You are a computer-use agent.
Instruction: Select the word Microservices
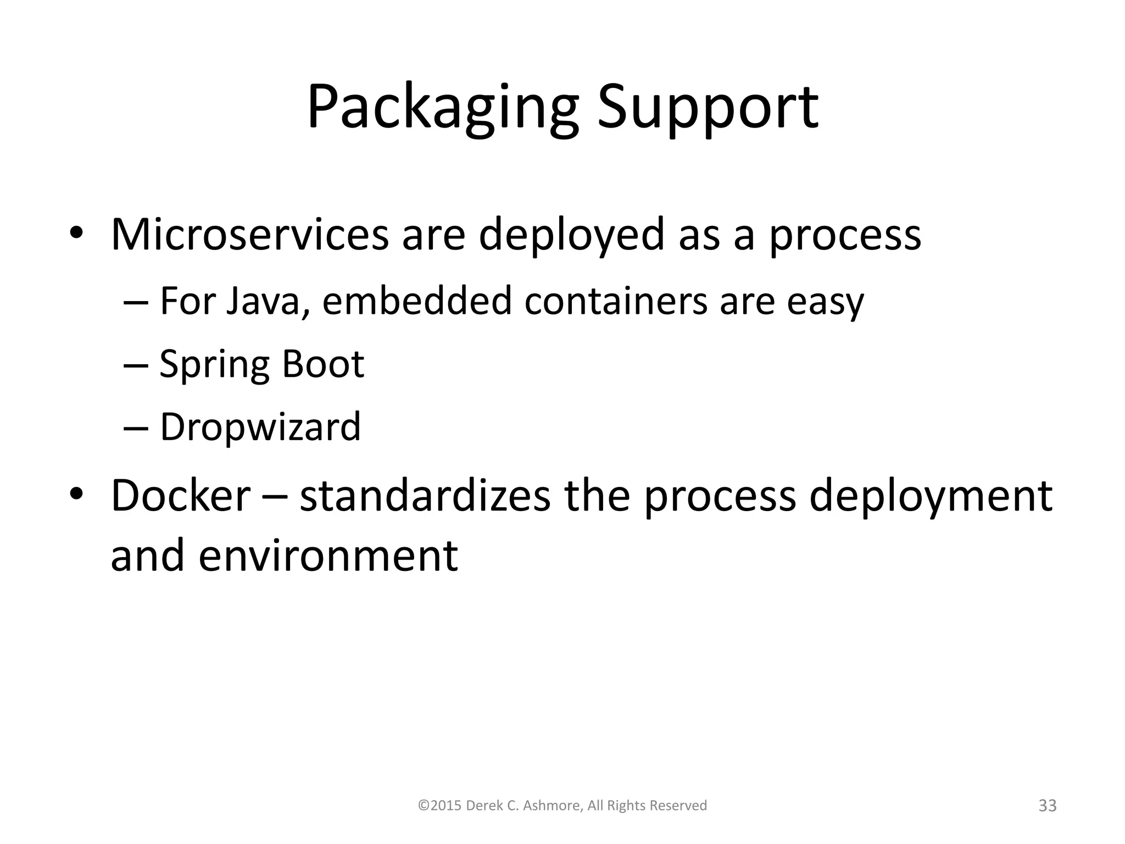[250, 235]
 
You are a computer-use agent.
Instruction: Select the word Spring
[214, 365]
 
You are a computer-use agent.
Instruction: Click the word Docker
[181, 496]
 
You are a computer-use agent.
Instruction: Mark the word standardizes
[425, 496]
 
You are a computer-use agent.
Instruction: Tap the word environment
[328, 556]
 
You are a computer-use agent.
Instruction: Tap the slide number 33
[1048, 806]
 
